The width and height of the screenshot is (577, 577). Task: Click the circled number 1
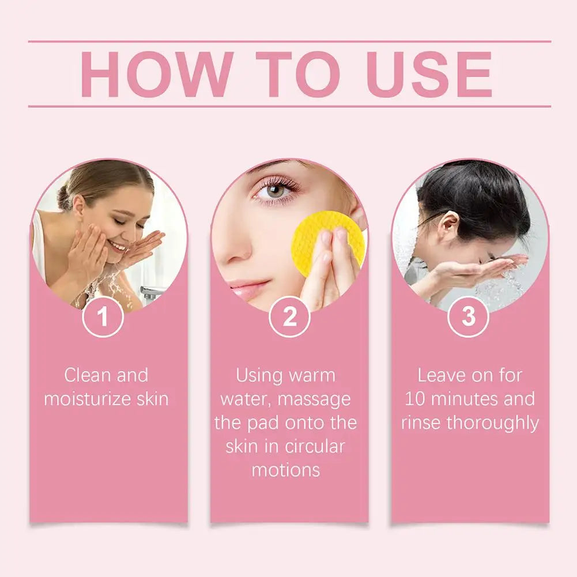tap(103, 316)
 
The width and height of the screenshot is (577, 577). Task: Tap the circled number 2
tap(289, 316)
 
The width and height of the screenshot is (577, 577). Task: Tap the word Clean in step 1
tap(88, 375)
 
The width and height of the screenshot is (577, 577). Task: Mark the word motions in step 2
tap(286, 470)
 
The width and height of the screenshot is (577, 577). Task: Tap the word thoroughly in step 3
tap(493, 423)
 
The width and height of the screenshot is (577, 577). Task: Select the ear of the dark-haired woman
tap(447, 225)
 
